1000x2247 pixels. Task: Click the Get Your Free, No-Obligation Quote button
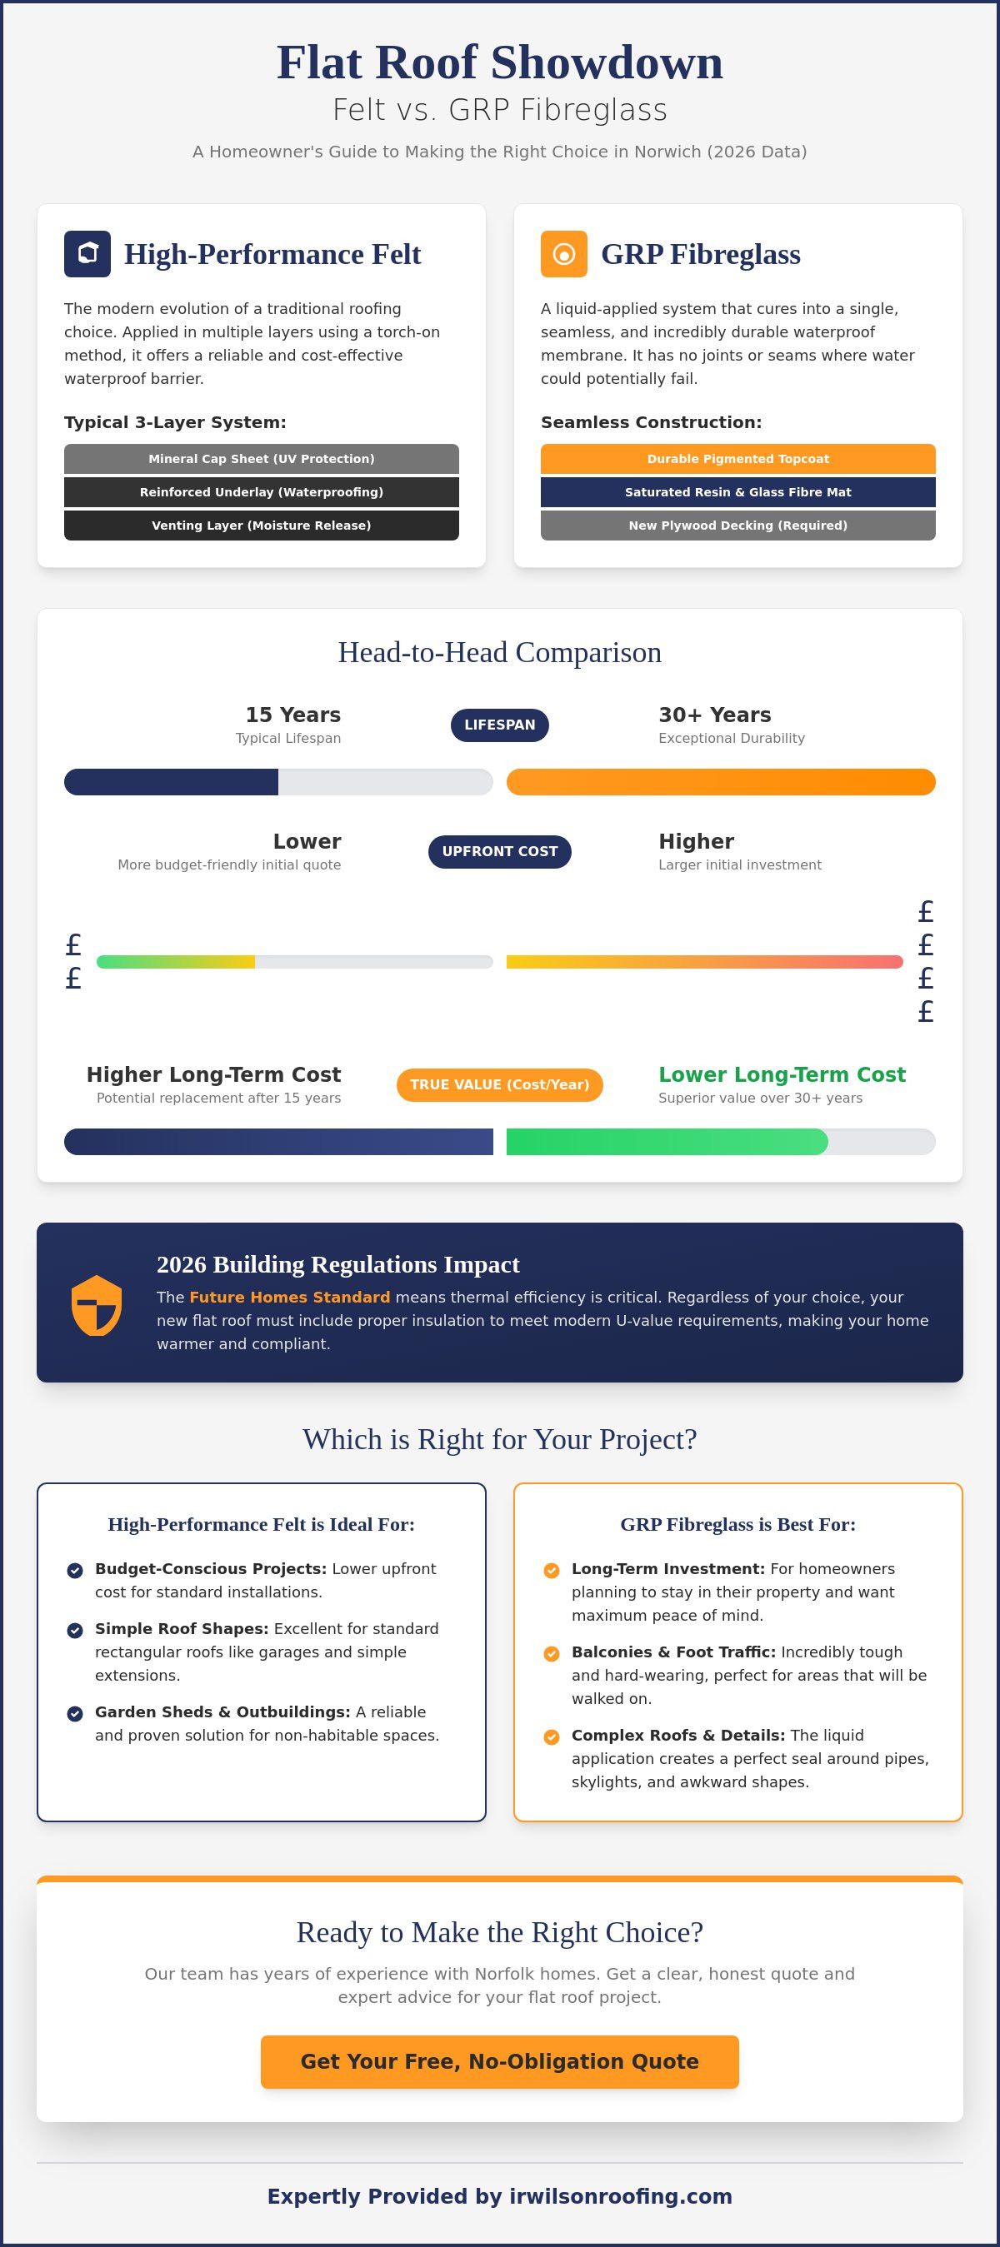coord(500,2061)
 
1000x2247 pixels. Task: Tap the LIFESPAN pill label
coord(500,725)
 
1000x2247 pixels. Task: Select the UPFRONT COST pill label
coord(500,851)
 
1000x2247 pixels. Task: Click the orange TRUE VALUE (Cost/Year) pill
coord(500,1084)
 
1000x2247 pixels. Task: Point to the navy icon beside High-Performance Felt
coord(87,254)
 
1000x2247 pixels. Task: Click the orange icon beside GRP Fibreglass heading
coord(563,254)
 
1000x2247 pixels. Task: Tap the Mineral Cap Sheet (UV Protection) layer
coord(262,459)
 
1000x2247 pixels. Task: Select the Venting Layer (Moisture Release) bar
coord(262,526)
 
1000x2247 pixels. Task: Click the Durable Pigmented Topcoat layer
coord(738,459)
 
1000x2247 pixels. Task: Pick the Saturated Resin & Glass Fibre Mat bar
coord(738,492)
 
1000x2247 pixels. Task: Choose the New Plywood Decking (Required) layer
coord(738,526)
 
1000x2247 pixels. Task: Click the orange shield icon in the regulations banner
coord(96,1305)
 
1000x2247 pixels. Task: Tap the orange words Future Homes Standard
coord(290,1297)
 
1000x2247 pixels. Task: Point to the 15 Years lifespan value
coord(293,715)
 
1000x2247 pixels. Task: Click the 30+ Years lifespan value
coord(715,715)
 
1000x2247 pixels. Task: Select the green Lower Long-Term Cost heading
coord(782,1074)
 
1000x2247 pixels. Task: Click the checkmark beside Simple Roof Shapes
coord(75,1631)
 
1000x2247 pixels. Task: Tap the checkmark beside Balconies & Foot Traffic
coord(552,1654)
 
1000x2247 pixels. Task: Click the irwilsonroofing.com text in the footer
coord(621,2196)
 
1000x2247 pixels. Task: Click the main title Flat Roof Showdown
coord(500,62)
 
